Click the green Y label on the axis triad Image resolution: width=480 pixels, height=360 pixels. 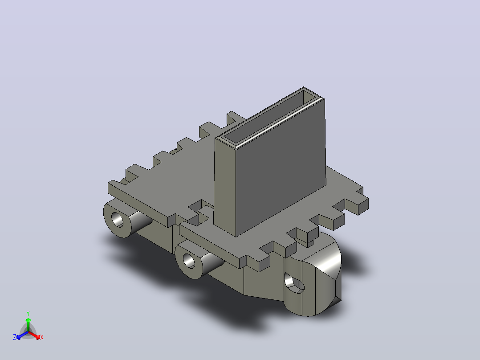pos(28,313)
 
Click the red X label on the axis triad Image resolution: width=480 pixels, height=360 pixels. pos(42,337)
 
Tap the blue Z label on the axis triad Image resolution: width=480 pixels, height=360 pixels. pos(15,337)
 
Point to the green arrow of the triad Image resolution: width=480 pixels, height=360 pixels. pos(28,324)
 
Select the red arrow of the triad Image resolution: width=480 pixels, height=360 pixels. pos(34,335)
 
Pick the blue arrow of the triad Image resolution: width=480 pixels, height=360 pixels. pos(22,335)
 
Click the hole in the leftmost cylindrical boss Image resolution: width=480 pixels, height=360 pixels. pos(117,219)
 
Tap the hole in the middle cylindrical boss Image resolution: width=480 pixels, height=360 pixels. pos(189,261)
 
